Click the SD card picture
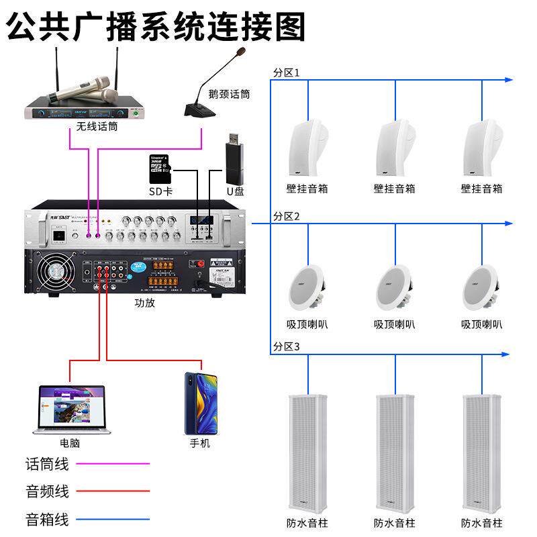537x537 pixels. tap(160, 168)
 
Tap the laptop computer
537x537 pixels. tap(70, 409)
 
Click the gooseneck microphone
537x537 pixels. tap(208, 87)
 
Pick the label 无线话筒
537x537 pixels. tap(97, 126)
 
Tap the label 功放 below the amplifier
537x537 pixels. tap(144, 303)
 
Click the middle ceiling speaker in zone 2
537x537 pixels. tap(394, 286)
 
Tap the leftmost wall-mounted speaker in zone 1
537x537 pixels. tap(307, 149)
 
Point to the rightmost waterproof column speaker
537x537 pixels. tap(481, 450)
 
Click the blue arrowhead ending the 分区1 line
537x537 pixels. tap(508, 79)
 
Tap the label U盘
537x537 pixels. tap(235, 191)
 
